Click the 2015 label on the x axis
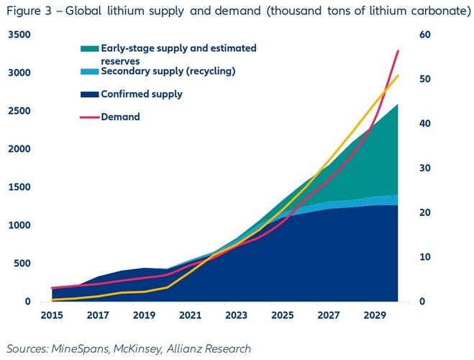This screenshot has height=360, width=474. (53, 315)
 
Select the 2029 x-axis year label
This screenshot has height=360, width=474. (374, 315)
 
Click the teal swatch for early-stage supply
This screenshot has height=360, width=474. (89, 49)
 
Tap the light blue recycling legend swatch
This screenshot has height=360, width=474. (89, 72)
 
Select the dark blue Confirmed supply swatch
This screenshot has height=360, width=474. (89, 94)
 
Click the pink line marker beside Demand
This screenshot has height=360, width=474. (89, 117)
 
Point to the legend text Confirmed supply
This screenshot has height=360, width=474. (142, 94)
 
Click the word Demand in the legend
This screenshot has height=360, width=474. (121, 117)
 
